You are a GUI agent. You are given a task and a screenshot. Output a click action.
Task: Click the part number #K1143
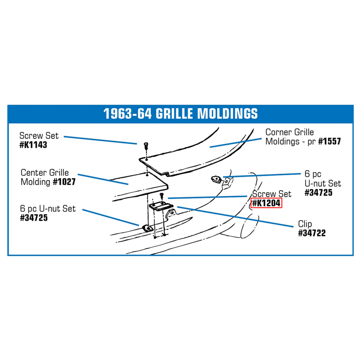tap(33, 145)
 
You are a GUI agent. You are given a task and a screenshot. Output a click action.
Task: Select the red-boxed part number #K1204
tap(266, 203)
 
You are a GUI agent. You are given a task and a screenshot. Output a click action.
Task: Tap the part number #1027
tap(64, 182)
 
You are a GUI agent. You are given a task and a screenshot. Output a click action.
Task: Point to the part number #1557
tap(329, 141)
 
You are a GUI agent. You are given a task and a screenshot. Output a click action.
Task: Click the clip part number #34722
tap(312, 233)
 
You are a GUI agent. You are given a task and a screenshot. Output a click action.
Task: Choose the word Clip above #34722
tap(305, 224)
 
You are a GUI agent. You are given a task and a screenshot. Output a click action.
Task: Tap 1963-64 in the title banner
tap(127, 113)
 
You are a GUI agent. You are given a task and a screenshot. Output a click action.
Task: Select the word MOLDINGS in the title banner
tap(228, 113)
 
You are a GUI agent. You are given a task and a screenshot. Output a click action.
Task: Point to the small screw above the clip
tap(162, 195)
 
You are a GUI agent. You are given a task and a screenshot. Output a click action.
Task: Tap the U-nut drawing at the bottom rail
tap(148, 228)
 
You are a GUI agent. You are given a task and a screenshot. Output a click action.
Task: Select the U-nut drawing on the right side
tap(216, 179)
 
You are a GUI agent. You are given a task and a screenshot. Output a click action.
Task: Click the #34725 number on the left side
tap(34, 218)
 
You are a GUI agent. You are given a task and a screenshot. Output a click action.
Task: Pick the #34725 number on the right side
tap(319, 193)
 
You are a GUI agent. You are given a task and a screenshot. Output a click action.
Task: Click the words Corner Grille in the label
tap(290, 132)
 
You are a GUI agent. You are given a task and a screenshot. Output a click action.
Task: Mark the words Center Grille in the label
tap(45, 173)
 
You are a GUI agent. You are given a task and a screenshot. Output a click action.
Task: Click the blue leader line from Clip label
tap(235, 217)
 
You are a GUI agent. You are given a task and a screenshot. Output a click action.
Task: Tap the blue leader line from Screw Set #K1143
tap(100, 140)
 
